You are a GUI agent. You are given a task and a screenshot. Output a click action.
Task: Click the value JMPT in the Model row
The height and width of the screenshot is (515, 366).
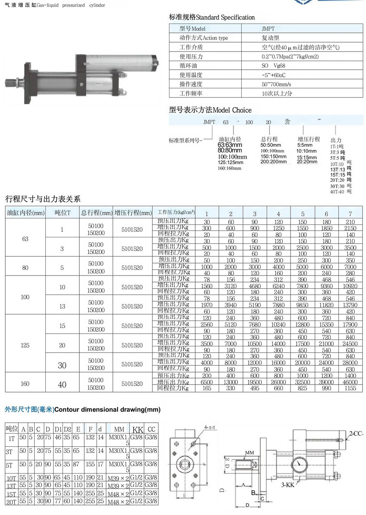[268, 29]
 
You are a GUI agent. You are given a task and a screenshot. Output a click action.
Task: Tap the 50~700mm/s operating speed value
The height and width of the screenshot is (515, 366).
[276, 84]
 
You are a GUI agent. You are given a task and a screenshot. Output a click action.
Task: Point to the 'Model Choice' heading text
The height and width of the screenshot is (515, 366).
[232, 110]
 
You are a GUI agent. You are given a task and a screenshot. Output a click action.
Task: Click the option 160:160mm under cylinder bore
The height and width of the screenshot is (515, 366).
[229, 168]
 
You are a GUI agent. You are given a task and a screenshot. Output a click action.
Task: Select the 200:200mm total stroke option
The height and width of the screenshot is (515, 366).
[273, 162]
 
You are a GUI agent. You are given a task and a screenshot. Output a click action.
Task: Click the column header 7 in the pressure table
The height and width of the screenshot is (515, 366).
[350, 214]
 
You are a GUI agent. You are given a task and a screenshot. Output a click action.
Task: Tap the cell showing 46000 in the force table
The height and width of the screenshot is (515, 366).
[350, 382]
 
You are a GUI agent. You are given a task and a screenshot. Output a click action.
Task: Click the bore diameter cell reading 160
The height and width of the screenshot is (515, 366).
[25, 384]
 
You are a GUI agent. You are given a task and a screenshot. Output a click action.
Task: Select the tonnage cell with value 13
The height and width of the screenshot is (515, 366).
[62, 307]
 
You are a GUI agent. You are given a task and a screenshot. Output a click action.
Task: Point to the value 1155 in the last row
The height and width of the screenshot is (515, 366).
[350, 388]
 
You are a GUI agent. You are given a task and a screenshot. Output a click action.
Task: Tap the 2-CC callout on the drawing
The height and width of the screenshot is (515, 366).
[356, 434]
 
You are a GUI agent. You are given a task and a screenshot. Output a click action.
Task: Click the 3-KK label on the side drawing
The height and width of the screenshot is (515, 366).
[288, 485]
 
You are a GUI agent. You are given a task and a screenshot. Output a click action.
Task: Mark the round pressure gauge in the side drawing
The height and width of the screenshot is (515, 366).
[299, 465]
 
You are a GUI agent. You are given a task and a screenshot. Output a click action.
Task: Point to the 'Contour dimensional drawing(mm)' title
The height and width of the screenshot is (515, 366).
[107, 410]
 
